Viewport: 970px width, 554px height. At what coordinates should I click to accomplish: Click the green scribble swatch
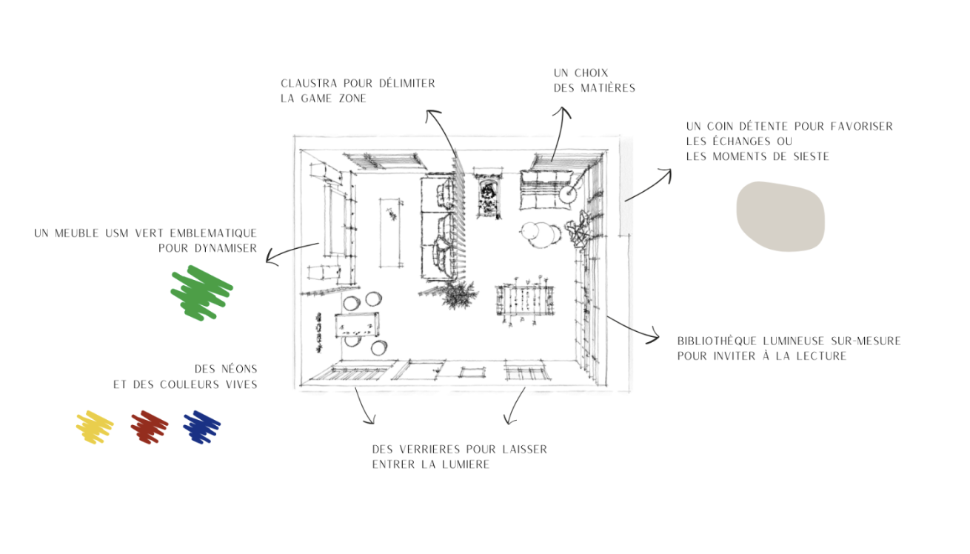[x=201, y=293]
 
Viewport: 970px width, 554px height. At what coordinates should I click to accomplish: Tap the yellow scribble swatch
[x=95, y=427]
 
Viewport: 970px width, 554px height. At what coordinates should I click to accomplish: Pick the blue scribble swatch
[x=201, y=427]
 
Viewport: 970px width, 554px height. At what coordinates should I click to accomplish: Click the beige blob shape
[x=780, y=216]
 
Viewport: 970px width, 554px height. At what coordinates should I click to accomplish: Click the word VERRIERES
[x=429, y=449]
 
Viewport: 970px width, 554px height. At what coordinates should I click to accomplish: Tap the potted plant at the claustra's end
[x=459, y=294]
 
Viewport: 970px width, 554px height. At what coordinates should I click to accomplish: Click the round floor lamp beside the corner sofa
[x=567, y=194]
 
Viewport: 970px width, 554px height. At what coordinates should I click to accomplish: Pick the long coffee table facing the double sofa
[x=391, y=232]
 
